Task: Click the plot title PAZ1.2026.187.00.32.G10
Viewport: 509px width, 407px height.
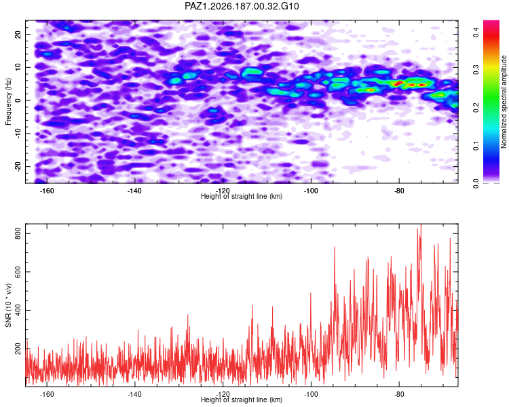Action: pos(242,6)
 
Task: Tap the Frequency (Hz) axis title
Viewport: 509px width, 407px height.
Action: pos(8,102)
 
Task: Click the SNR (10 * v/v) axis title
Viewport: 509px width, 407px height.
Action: pos(8,305)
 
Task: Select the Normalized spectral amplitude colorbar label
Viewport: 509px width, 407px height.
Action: pos(504,102)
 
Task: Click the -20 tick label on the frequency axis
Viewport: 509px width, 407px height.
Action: pos(18,166)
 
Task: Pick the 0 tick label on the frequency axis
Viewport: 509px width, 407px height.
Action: pos(18,100)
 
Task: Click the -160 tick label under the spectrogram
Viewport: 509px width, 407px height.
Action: pos(47,191)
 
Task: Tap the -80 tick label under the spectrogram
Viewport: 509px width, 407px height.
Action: pos(399,191)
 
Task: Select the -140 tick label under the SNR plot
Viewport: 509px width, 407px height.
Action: pos(135,394)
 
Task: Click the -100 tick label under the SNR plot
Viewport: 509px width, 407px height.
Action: pos(311,394)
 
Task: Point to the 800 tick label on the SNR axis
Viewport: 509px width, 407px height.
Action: pos(18,233)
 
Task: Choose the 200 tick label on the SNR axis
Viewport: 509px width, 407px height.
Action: pos(18,349)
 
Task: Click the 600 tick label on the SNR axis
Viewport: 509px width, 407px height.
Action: pos(18,271)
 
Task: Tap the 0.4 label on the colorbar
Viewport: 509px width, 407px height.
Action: pos(476,32)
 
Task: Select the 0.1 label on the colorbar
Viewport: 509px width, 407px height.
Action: pos(476,146)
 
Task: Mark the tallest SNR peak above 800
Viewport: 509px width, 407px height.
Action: pos(421,225)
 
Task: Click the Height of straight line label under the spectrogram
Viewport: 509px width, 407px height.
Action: pos(242,196)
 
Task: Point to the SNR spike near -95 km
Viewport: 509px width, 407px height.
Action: pos(335,248)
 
